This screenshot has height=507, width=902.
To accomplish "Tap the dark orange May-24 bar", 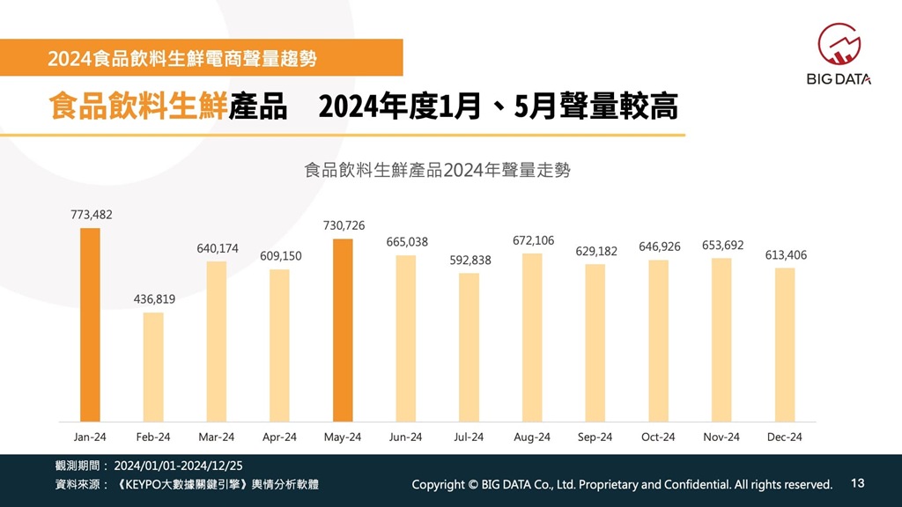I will pos(343,329).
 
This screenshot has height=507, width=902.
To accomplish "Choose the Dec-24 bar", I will pos(785,344).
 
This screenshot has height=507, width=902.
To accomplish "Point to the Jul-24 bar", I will pos(469,347).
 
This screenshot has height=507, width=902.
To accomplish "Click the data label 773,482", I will pos(92,215).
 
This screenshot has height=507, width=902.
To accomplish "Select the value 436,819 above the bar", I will pos(154,299).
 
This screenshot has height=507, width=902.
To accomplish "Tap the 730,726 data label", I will pos(344,226).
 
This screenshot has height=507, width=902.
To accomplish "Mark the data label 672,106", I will pos(533,240).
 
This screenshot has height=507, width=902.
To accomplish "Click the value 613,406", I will pos(786,255).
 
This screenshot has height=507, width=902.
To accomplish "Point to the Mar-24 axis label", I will pos(217,437).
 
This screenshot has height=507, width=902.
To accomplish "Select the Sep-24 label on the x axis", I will pos(595,437).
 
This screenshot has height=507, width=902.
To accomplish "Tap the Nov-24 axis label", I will pos(721,437).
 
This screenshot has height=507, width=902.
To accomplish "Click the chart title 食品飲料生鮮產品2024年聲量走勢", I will pos(437,170).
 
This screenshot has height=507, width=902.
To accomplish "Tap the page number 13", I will pos(859,483).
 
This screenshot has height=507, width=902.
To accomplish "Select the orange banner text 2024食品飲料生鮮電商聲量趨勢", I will pos(182,59).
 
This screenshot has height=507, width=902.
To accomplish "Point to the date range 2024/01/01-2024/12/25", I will pos(178,465).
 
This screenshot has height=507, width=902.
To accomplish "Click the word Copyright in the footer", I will pos(439,484).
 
